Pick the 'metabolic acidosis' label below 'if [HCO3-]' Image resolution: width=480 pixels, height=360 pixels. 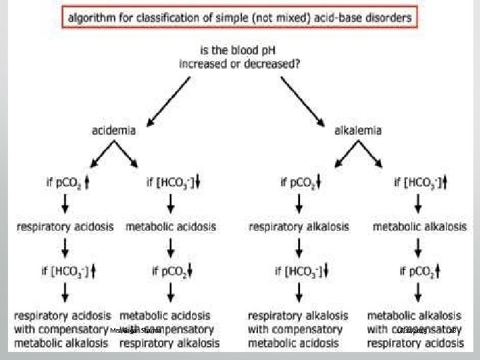pos(170,227)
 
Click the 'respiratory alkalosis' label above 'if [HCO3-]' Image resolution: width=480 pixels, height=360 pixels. pos(299,227)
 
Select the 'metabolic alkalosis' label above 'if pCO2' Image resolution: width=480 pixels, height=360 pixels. pos(419,227)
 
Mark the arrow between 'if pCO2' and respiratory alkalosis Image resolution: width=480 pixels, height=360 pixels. pos(298,204)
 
